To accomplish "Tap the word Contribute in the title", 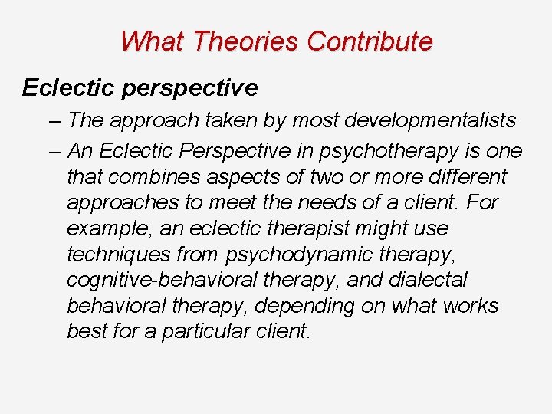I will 370,41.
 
